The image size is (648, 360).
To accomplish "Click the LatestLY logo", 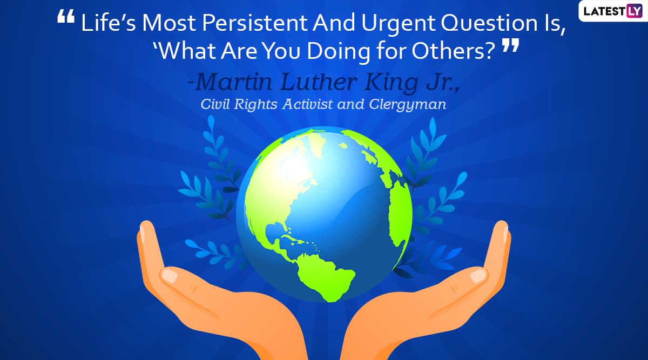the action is [613, 11].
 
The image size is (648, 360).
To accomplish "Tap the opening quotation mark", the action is [66, 16].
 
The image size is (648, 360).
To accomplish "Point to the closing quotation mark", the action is [510, 45].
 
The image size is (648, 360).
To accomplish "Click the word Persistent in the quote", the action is [254, 23].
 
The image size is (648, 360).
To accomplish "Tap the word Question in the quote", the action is [489, 23].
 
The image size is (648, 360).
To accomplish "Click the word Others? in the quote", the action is [454, 51].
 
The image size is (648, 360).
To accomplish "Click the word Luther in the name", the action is [319, 82].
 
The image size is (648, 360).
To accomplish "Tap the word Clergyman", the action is [408, 105].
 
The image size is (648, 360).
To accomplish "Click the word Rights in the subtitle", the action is [255, 105].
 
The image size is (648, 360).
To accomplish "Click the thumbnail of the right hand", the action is [478, 276].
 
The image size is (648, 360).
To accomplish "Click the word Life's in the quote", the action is [108, 23].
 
